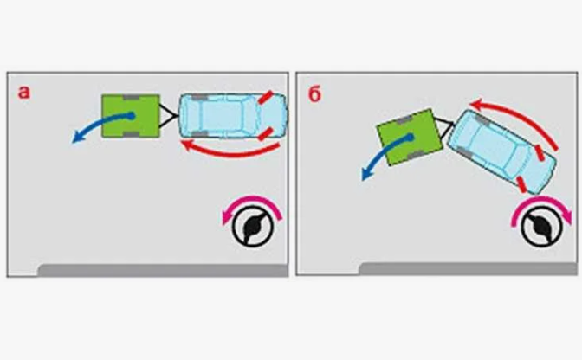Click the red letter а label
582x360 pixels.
click(x=23, y=93)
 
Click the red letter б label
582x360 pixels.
click(x=314, y=94)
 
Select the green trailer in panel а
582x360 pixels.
click(x=131, y=116)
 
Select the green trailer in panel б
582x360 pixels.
click(x=410, y=138)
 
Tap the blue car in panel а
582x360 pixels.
click(x=234, y=116)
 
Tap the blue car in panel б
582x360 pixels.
click(x=501, y=151)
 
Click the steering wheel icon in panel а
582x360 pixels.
click(x=253, y=227)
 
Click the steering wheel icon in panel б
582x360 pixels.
click(x=541, y=227)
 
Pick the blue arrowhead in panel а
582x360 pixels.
click(x=77, y=138)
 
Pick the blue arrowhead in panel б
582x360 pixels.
click(x=366, y=174)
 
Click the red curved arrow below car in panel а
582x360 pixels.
click(x=230, y=152)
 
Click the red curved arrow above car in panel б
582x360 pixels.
click(x=520, y=114)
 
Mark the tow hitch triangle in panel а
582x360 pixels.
click(x=169, y=116)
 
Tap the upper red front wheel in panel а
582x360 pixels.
click(x=266, y=98)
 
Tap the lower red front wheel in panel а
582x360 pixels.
click(x=266, y=134)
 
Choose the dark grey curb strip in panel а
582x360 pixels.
click(x=163, y=270)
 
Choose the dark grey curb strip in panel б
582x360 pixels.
click(x=468, y=269)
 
